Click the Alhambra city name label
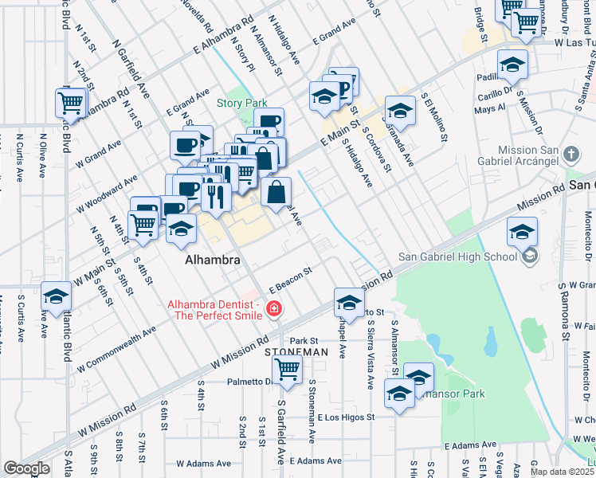click(x=213, y=261)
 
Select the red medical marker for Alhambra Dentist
click(x=274, y=309)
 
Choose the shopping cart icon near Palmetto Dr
click(x=287, y=369)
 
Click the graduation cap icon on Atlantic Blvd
click(x=56, y=297)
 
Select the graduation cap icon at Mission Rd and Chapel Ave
click(x=348, y=302)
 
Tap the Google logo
click(x=26, y=468)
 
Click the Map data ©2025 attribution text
click(x=562, y=472)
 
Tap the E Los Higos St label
click(x=345, y=417)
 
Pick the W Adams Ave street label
click(x=202, y=463)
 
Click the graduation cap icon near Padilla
click(x=512, y=65)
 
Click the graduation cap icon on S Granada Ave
click(x=400, y=111)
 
